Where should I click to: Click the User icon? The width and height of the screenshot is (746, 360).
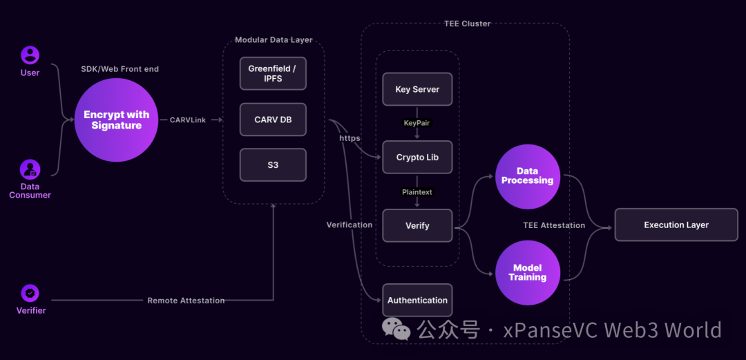tap(30, 55)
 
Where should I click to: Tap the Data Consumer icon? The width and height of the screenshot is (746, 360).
tap(30, 169)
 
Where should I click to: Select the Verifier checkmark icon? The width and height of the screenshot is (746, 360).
tap(30, 293)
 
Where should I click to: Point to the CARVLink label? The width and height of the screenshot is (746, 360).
tap(188, 120)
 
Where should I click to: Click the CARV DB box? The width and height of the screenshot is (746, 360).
tap(272, 120)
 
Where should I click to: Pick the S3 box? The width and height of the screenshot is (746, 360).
tap(272, 166)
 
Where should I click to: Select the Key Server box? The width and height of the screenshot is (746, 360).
tap(417, 89)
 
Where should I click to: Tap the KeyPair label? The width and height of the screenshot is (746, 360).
tap(417, 123)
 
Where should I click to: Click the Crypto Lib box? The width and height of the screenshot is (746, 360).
tap(417, 158)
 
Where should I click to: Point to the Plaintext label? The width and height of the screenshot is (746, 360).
tap(417, 192)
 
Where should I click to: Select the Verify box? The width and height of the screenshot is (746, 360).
tap(417, 226)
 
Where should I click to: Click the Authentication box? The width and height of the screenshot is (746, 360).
tap(417, 301)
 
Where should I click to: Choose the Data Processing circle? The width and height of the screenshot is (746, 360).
tap(528, 176)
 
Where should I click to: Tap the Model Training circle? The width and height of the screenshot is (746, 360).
tap(528, 273)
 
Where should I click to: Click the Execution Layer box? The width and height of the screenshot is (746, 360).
tap(676, 225)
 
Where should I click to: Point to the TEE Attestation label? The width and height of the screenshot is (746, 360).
tap(554, 225)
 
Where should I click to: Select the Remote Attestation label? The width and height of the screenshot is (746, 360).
tap(186, 301)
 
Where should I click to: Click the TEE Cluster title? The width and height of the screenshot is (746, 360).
tap(467, 23)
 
